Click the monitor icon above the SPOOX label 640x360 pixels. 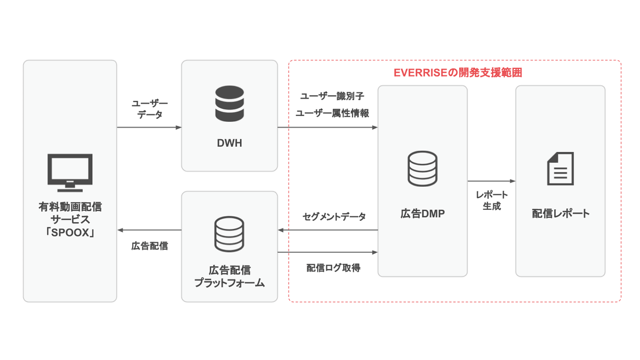pyautogui.click(x=70, y=172)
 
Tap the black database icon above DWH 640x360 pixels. pyautogui.click(x=229, y=104)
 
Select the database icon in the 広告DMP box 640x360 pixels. pyautogui.click(x=422, y=169)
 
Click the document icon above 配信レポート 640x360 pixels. pyautogui.click(x=560, y=169)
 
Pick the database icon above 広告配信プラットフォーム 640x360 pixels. pyautogui.click(x=229, y=232)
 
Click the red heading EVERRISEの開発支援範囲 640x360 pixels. pyautogui.click(x=458, y=73)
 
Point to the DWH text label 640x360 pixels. pyautogui.click(x=229, y=143)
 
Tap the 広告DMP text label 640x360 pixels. pyautogui.click(x=422, y=214)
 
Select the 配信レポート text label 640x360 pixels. pyautogui.click(x=560, y=214)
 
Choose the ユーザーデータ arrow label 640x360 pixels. pyautogui.click(x=150, y=109)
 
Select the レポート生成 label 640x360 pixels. pyautogui.click(x=492, y=200)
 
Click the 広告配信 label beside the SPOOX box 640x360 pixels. pyautogui.click(x=150, y=246)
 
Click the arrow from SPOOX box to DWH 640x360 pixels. pyautogui.click(x=149, y=128)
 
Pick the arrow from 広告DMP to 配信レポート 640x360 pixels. pyautogui.click(x=491, y=181)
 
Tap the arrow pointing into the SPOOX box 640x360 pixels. pyautogui.click(x=149, y=230)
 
